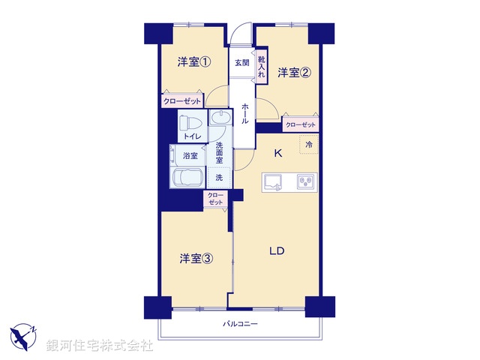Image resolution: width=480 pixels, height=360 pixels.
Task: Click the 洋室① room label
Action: tap(193, 62)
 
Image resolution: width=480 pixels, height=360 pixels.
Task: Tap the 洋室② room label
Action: tap(294, 73)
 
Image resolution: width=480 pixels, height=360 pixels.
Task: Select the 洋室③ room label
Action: tap(195, 259)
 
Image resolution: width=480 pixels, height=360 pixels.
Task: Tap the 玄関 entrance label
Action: tap(241, 62)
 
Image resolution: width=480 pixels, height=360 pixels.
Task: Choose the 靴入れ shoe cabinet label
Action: tap(262, 67)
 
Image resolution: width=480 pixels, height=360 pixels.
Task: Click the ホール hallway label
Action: tap(245, 114)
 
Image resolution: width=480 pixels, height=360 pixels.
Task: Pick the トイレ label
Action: tap(191, 136)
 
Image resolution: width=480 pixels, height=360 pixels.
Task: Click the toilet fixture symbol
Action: tap(190, 121)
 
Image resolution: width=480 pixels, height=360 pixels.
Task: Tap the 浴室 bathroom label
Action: tap(190, 156)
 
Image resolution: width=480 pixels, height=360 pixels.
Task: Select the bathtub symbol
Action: tap(187, 178)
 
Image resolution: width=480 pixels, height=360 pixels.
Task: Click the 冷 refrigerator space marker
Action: tap(308, 144)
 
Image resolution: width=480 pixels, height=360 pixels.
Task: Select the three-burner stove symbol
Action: tap(306, 181)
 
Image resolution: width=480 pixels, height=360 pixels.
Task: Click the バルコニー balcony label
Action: tap(240, 325)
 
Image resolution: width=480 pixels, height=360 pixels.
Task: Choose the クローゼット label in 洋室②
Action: tap(301, 124)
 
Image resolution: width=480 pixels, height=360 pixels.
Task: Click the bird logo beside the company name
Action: tap(24, 337)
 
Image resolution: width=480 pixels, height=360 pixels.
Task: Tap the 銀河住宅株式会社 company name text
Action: tap(100, 346)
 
